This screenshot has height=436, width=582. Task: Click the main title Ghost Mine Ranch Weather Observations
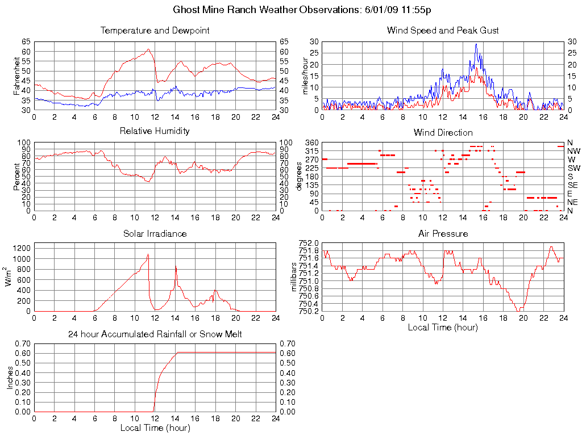[301, 10]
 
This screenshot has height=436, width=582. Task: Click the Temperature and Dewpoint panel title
[155, 30]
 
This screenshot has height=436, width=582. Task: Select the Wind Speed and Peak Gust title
[443, 30]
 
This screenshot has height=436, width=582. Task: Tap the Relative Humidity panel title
[155, 131]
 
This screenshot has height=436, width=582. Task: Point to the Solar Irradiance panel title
[155, 233]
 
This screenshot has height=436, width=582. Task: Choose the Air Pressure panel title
[443, 233]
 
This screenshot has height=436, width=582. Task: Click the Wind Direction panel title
[443, 132]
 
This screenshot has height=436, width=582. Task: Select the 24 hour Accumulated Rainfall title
[155, 334]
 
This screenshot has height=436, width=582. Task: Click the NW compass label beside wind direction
[573, 151]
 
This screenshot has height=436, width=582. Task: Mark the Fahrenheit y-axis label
[17, 76]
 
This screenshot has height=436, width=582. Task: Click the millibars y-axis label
[294, 277]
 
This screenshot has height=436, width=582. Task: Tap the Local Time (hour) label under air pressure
[443, 327]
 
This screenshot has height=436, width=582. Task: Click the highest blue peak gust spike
[476, 44]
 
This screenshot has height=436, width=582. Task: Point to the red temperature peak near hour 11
[148, 49]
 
